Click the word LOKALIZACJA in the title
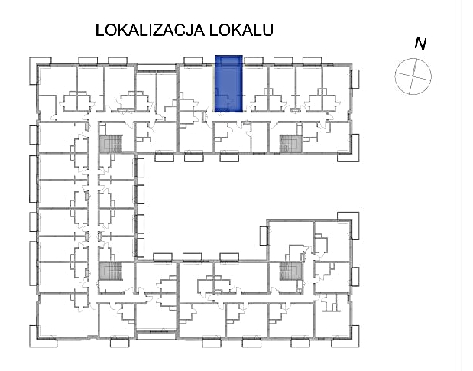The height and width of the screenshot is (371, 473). point(150,30)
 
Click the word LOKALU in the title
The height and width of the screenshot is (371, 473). point(241,30)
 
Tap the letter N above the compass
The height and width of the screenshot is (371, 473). point(420,44)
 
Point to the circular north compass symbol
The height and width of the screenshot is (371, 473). point(413,76)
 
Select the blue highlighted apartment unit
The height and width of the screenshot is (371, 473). point(228,83)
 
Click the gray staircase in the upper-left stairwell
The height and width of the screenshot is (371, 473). point(111,144)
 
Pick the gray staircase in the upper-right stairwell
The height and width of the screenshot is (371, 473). point(291,144)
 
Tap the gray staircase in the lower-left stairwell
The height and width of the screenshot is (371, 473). point(111,271)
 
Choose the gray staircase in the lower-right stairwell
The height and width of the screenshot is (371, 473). point(291,271)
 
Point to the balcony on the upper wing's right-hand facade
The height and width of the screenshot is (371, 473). point(355,79)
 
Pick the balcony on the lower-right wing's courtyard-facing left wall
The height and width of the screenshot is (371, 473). point(264,236)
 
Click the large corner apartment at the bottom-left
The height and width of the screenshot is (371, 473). point(67,316)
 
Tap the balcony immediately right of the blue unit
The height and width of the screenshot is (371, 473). point(254,61)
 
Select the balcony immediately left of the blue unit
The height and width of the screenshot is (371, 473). point(193,61)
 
